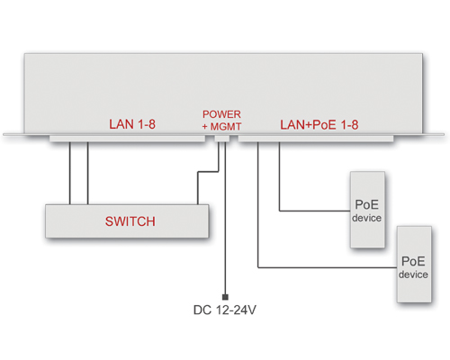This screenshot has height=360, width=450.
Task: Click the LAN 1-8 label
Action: [132, 124]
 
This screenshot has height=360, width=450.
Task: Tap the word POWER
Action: [221, 114]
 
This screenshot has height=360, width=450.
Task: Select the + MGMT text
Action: [221, 127]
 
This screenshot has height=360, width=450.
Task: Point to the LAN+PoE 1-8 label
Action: [319, 125]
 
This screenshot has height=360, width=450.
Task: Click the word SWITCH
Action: [130, 221]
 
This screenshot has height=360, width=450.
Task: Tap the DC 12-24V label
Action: [225, 310]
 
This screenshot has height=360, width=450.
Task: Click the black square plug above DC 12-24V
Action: [225, 297]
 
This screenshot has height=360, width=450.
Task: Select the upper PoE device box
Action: [367, 210]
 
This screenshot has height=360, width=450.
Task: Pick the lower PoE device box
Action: [414, 265]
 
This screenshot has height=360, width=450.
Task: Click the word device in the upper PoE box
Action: [366, 218]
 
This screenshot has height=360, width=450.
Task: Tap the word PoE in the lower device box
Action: [413, 261]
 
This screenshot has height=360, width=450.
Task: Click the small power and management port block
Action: [222, 139]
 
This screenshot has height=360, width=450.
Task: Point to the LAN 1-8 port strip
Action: [128, 139]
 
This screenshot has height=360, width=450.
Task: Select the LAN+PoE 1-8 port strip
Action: [316, 139]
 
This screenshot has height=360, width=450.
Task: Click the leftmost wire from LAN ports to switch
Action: [70, 173]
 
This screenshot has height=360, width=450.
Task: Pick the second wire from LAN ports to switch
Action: [88, 173]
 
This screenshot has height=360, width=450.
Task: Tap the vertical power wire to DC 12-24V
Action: [225, 218]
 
